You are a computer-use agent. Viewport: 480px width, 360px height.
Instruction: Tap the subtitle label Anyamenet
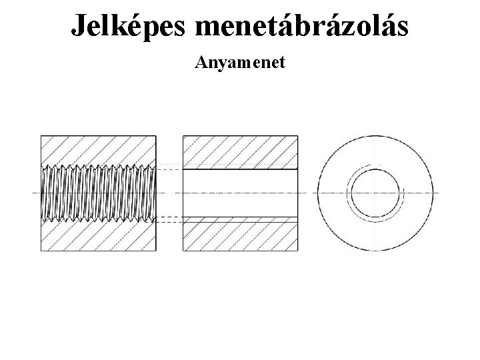(240, 63)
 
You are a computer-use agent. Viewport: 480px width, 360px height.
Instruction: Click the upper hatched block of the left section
(99, 150)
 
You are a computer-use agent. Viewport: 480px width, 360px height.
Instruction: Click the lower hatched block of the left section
(99, 237)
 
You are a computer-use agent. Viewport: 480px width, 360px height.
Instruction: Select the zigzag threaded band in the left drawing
(99, 193)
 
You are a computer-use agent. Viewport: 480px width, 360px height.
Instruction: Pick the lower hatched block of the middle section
(241, 236)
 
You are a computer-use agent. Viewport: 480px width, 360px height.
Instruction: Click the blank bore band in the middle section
(241, 193)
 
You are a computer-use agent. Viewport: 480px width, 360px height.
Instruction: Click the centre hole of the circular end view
(375, 193)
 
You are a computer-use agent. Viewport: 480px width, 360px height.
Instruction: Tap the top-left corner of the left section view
(41, 136)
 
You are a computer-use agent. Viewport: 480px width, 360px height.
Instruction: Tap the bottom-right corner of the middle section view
(299, 251)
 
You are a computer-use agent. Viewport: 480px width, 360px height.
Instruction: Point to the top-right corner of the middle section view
(299, 136)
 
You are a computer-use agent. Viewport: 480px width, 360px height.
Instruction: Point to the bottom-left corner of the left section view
(41, 251)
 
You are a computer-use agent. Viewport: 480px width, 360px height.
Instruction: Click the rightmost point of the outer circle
(433, 193)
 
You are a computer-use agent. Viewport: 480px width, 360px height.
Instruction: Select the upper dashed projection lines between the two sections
(169, 166)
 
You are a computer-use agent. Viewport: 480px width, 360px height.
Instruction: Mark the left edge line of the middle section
(183, 193)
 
